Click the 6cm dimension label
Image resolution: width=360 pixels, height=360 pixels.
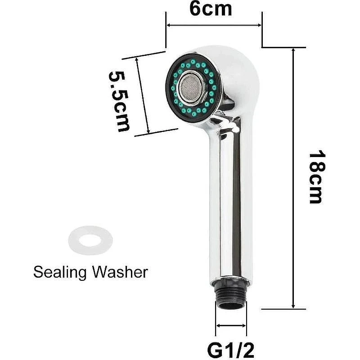(x=211, y=9)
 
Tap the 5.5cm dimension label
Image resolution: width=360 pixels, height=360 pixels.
(x=119, y=102)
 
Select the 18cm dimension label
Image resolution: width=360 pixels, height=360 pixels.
(x=317, y=177)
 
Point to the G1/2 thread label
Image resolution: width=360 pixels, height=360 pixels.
(x=230, y=350)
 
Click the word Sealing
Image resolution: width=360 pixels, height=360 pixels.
(x=60, y=273)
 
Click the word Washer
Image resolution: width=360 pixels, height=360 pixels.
(x=120, y=272)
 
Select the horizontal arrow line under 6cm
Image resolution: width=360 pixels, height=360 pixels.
(x=214, y=25)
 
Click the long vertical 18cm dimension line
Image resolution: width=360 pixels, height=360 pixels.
(x=293, y=178)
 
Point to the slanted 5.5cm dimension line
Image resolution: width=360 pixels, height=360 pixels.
(x=143, y=95)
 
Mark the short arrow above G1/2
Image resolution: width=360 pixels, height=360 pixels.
(x=231, y=325)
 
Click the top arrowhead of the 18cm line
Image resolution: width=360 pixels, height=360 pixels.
(x=293, y=50)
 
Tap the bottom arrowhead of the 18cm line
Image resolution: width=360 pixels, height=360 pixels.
(x=293, y=306)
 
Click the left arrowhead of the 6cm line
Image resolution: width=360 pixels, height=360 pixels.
(x=168, y=25)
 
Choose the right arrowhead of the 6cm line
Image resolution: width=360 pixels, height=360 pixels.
(x=260, y=25)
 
